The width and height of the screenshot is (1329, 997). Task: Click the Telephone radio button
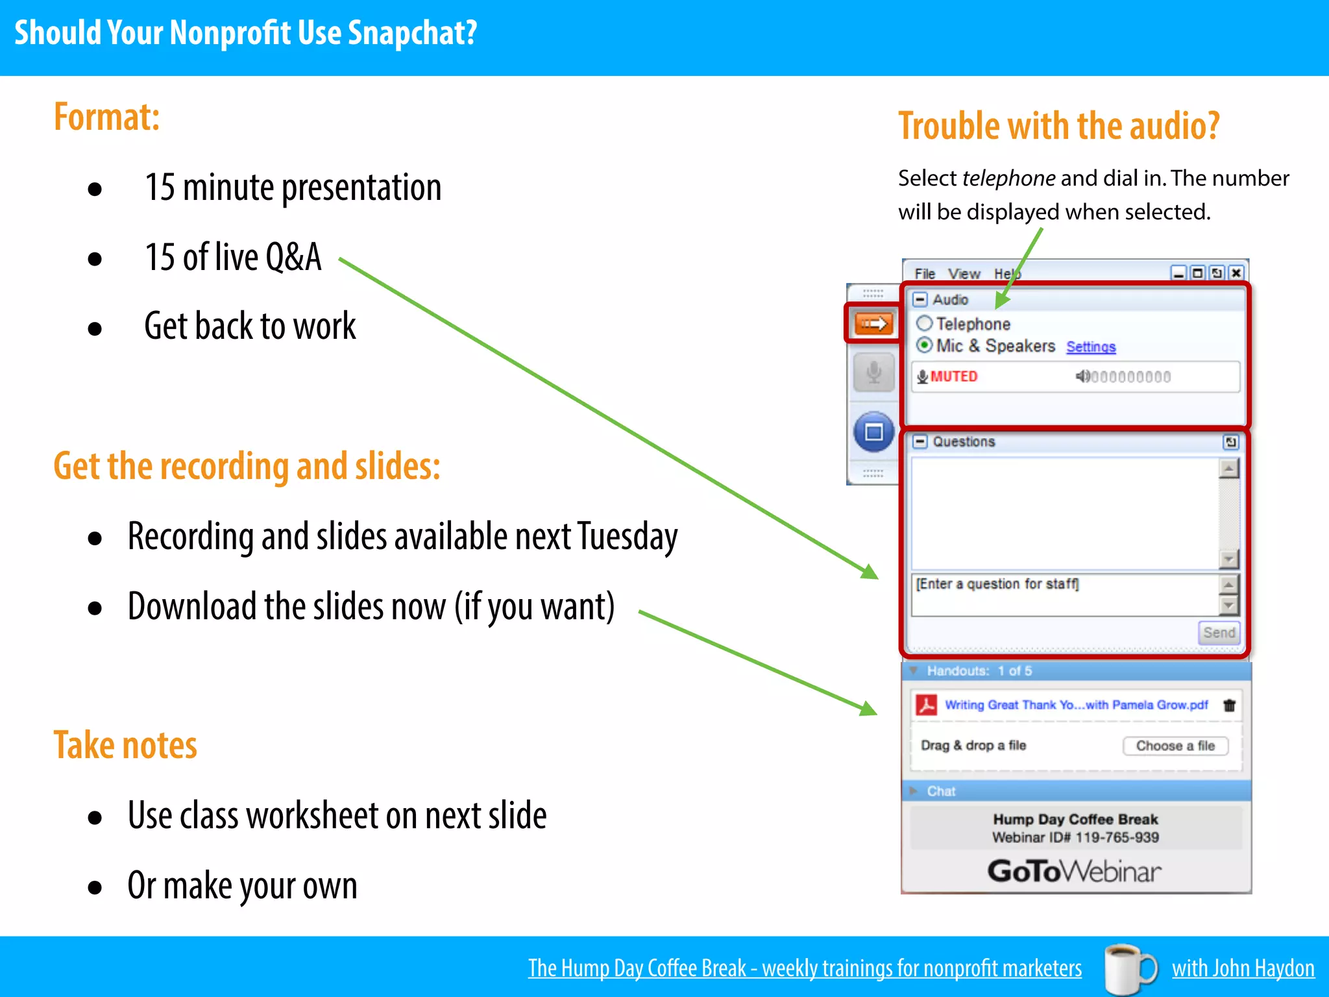925,323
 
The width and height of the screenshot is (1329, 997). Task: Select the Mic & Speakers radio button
925,345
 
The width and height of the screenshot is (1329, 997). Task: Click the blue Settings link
1091,347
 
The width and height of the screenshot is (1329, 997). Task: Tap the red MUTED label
953,376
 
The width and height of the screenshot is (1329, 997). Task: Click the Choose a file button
1175,746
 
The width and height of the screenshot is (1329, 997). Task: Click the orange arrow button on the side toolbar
873,323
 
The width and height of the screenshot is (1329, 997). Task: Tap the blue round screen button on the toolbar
873,432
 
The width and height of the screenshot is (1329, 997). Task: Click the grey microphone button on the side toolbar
873,372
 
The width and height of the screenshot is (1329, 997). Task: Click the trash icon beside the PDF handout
1229,706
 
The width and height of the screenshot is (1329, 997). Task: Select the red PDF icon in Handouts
927,705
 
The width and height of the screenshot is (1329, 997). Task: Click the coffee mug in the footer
1129,968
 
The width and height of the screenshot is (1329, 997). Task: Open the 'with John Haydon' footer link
1243,968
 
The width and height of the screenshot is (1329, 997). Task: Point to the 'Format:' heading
106,117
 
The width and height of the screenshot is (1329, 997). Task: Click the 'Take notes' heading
125,745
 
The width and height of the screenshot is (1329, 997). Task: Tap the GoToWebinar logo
1075,871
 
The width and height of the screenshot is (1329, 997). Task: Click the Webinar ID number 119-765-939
1117,837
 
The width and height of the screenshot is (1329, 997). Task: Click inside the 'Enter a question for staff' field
1064,594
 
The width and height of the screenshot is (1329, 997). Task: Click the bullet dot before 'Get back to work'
95,328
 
